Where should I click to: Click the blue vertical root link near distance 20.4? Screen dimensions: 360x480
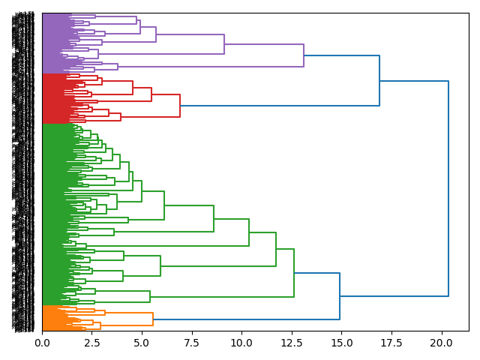click(448, 187)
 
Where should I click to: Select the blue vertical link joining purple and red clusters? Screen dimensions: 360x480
click(379, 81)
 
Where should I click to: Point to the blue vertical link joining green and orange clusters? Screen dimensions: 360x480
click(340, 296)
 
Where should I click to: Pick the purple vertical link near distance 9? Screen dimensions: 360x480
click(224, 44)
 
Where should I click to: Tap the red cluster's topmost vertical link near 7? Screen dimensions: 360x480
click(180, 106)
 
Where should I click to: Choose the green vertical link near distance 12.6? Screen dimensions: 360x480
click(294, 273)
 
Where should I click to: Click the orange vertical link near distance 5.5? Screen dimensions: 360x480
click(153, 319)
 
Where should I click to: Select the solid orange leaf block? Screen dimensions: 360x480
click(52, 318)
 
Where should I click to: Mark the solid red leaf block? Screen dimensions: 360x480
click(52, 98)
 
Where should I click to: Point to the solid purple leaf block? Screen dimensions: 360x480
click(52, 43)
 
